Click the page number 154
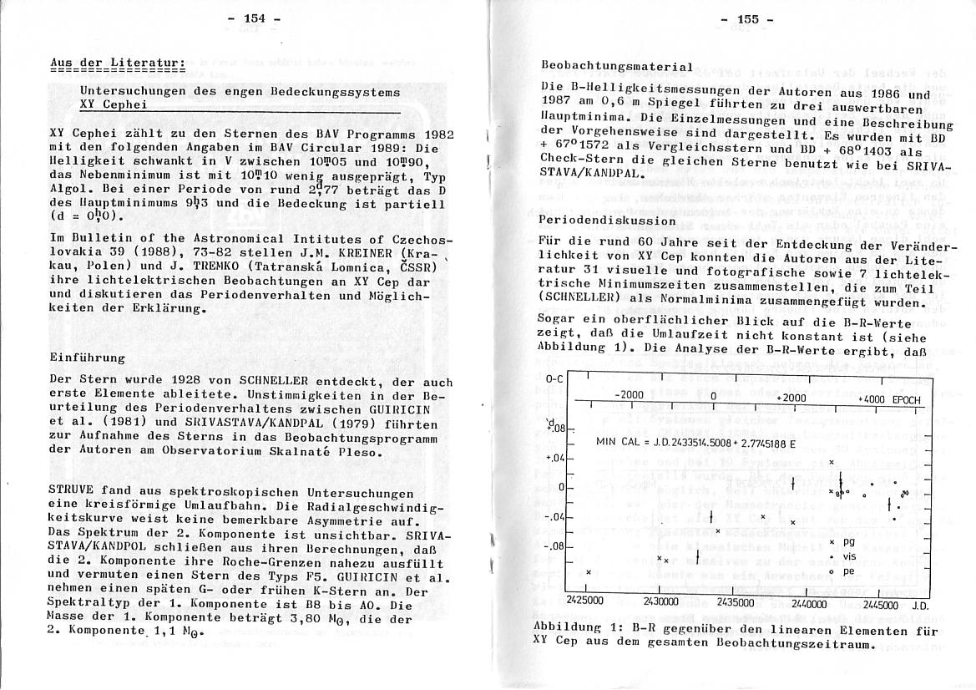tap(251, 18)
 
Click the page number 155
tap(746, 18)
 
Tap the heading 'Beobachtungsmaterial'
tap(617, 66)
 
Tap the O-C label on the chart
tap(554, 380)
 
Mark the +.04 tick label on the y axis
tap(555, 458)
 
